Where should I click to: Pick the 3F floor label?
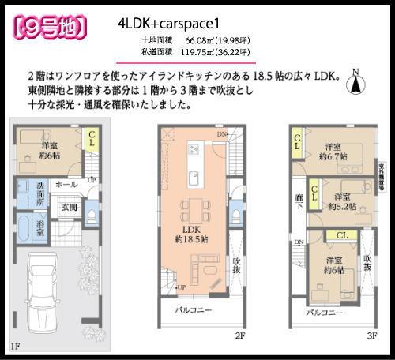click(371, 334)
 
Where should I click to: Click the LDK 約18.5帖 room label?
click(191, 233)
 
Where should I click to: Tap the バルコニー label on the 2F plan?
click(193, 310)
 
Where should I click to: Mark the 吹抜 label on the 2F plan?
click(235, 265)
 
